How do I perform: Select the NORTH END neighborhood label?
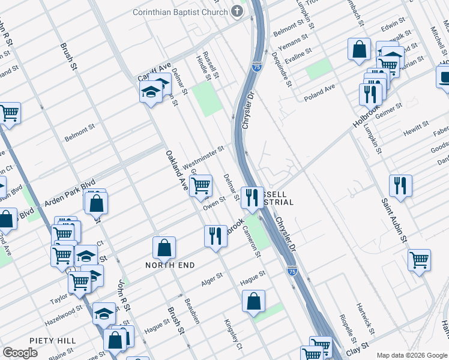tap(171, 264)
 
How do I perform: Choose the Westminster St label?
tap(203, 156)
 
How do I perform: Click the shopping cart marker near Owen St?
tap(200, 185)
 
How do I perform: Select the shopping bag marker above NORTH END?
tap(164, 247)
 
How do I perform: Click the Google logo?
tap(20, 353)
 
